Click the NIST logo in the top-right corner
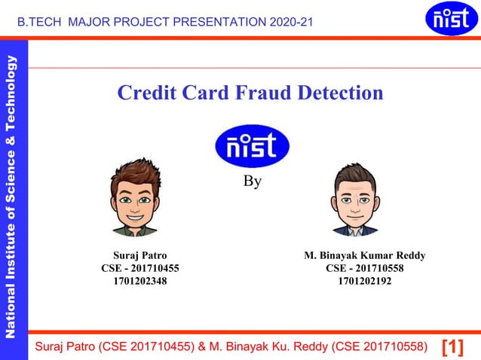pyautogui.click(x=452, y=19)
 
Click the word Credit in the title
pyautogui.click(x=146, y=93)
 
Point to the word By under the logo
pyautogui.click(x=252, y=182)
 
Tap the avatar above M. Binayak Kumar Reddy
pyautogui.click(x=353, y=199)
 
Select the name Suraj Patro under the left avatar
pyautogui.click(x=140, y=256)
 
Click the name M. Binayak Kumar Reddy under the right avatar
pyautogui.click(x=364, y=256)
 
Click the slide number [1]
pyautogui.click(x=452, y=346)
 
